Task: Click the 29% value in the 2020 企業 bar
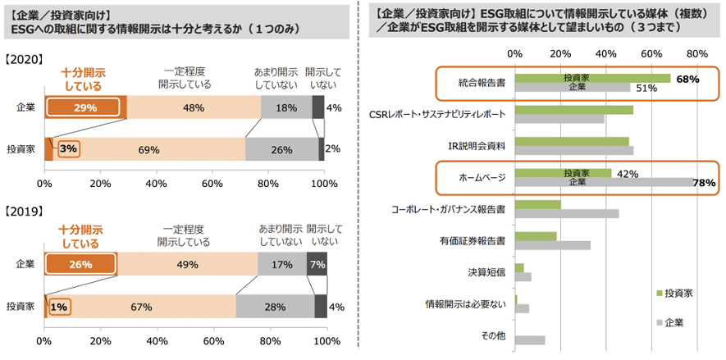coord(84,107)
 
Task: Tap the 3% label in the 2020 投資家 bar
coord(68,149)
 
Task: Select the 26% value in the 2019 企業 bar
coord(80,265)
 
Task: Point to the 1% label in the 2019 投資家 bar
coord(58,307)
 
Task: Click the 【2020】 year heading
coord(25,60)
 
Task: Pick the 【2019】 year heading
coord(25,212)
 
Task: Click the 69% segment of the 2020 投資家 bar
coord(148,149)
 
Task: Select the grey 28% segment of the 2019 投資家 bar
coord(274,307)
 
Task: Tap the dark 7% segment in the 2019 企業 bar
coord(317,265)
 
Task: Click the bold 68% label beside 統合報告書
coord(687,80)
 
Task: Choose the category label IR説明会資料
coord(476,145)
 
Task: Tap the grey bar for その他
coord(531,339)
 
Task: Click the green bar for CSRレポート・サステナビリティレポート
coord(574,109)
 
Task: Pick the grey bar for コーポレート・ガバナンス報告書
coord(567,214)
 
